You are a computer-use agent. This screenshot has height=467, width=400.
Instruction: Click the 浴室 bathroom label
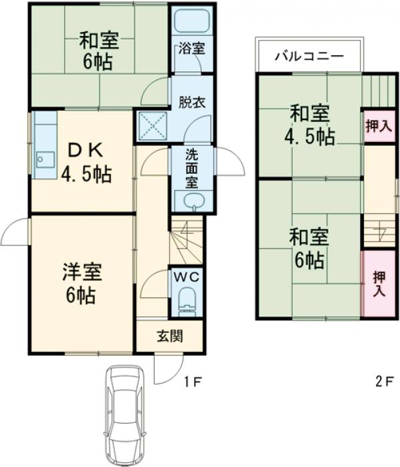click(191, 48)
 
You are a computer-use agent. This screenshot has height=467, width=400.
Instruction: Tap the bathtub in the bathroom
click(191, 23)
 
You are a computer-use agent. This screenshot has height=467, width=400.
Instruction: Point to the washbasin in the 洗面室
click(191, 201)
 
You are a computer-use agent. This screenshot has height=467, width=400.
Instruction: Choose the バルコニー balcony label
click(309, 56)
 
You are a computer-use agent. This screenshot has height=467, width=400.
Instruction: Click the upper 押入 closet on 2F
click(377, 126)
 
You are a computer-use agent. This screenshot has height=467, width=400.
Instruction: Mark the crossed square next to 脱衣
click(151, 124)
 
